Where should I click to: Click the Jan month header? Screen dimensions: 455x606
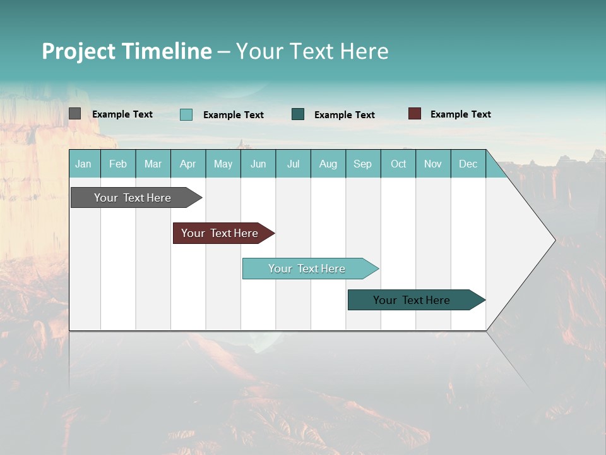point(84,164)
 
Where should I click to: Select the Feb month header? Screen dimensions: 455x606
point(118,164)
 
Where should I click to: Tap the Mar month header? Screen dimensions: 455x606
point(153,164)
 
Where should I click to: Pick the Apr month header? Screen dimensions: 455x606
point(188,164)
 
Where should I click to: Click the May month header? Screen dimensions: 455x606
point(223,164)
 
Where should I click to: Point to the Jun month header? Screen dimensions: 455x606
point(258,164)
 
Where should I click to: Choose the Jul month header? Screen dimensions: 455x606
point(293,164)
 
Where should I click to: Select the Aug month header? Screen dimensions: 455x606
point(328,164)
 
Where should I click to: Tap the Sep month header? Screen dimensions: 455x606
point(363,164)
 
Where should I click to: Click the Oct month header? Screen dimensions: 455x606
point(398,164)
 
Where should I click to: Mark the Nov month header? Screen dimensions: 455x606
point(433,164)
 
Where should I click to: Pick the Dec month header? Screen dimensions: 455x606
point(468,164)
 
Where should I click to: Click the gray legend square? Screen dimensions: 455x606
point(75,114)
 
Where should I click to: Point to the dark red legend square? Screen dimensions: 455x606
point(415,114)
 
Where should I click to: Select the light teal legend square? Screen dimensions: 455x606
point(186,114)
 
